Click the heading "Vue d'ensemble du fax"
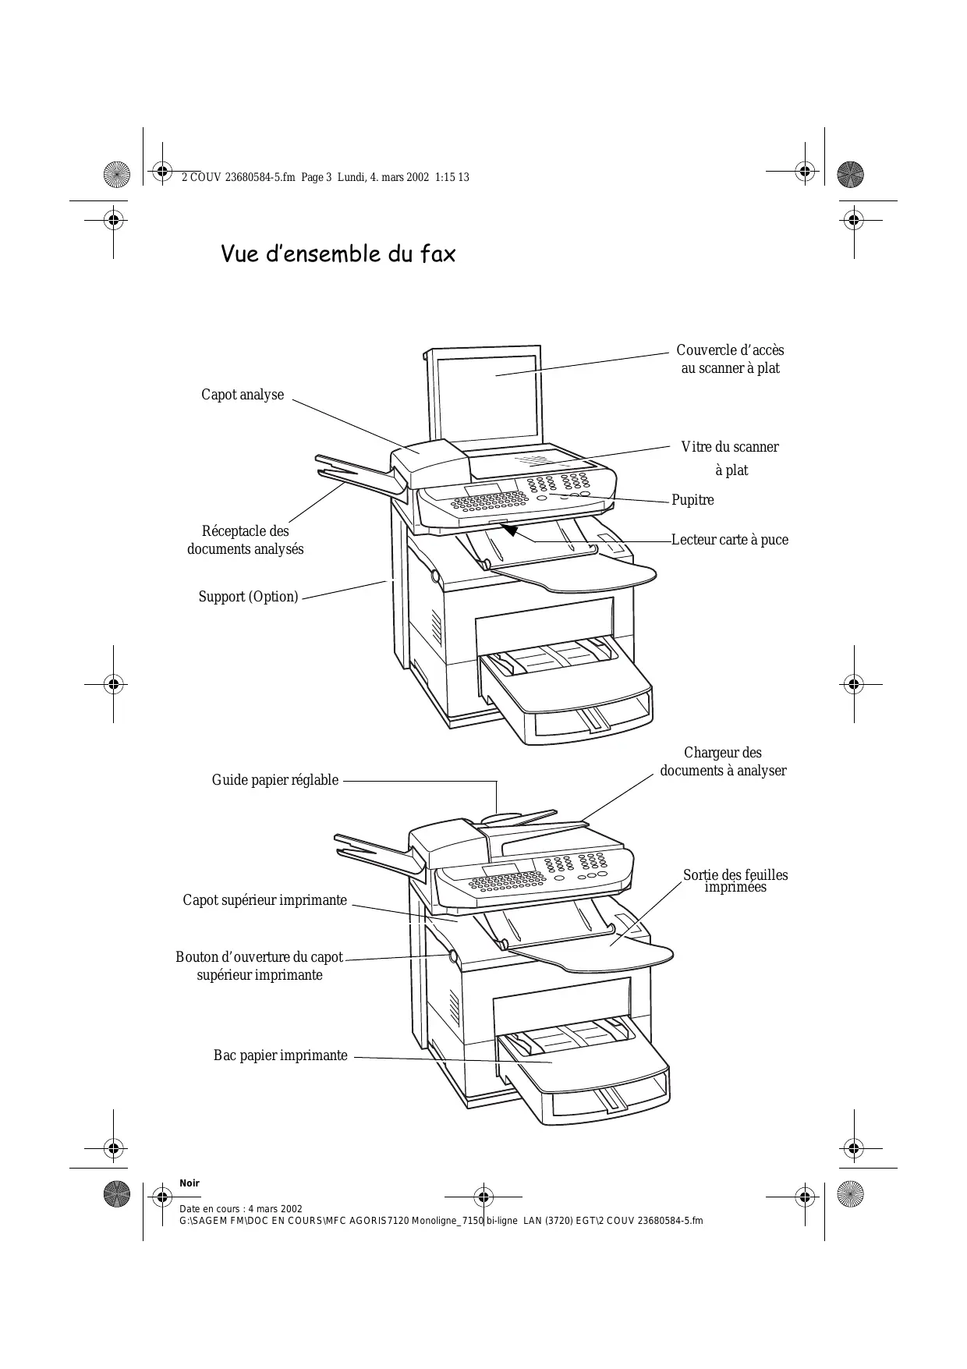pyautogui.click(x=338, y=254)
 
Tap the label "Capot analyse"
pyautogui.click(x=243, y=395)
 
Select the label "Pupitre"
pyautogui.click(x=692, y=500)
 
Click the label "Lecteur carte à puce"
pyautogui.click(x=730, y=540)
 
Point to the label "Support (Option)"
pyautogui.click(x=248, y=597)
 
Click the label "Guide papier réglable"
pyautogui.click(x=275, y=780)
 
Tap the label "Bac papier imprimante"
pyautogui.click(x=281, y=1055)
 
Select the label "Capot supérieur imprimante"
pyautogui.click(x=265, y=900)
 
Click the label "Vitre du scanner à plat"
pyautogui.click(x=730, y=459)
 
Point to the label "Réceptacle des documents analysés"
pyautogui.click(x=246, y=540)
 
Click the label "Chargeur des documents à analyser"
pyautogui.click(x=723, y=761)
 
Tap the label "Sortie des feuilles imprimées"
pyautogui.click(x=735, y=881)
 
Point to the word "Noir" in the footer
pyautogui.click(x=190, y=1183)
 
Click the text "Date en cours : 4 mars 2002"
pyautogui.click(x=240, y=1209)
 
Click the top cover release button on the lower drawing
pyautogui.click(x=452, y=956)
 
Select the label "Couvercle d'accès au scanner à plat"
pyautogui.click(x=730, y=360)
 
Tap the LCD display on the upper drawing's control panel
pyautogui.click(x=483, y=490)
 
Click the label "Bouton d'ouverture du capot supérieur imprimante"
pyautogui.click(x=259, y=966)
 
